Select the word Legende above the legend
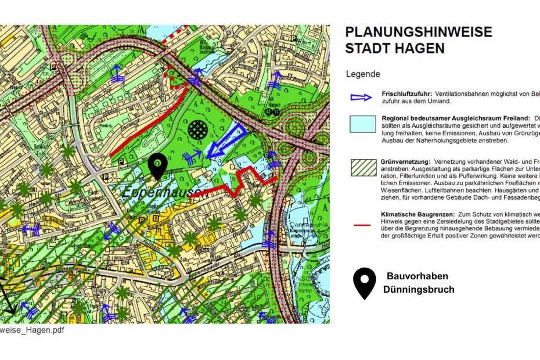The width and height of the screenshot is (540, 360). pyautogui.click(x=363, y=74)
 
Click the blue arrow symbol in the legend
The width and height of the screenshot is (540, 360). pyautogui.click(x=360, y=97)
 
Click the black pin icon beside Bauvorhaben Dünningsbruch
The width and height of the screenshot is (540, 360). pyautogui.click(x=364, y=283)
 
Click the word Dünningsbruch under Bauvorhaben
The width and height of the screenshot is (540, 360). pyautogui.click(x=418, y=289)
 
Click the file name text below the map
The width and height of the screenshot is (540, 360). pyautogui.click(x=32, y=330)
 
